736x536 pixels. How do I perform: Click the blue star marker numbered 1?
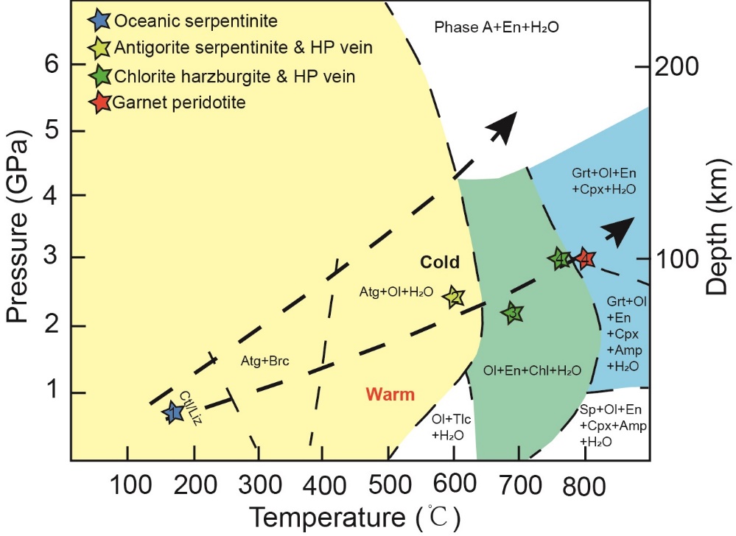coord(173,412)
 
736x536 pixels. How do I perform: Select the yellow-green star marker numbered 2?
coord(455,297)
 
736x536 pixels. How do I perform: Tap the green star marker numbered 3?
coord(513,314)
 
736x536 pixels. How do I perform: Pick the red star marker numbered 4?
coord(586,258)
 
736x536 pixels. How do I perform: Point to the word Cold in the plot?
coord(440,263)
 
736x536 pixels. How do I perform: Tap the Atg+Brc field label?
coord(265,362)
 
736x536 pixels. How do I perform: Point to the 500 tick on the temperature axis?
coord(388,486)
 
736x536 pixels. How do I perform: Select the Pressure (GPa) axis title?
coord(20,229)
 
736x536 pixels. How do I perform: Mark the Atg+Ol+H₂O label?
coord(396,292)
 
